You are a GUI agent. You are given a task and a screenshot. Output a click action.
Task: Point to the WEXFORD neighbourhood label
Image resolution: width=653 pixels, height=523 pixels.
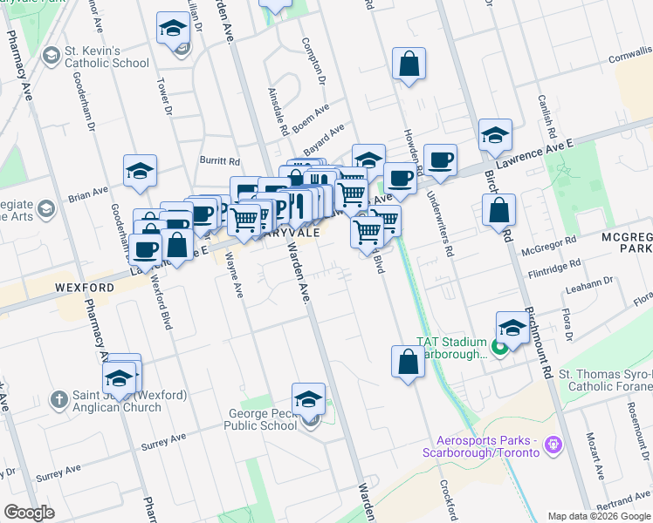point(85,287)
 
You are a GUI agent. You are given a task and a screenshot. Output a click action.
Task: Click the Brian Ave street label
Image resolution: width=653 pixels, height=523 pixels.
point(87,193)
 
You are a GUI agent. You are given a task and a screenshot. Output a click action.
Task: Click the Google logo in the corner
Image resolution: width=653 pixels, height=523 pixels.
point(29,513)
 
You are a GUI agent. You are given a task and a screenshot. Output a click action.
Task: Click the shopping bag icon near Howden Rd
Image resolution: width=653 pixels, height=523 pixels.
point(409,64)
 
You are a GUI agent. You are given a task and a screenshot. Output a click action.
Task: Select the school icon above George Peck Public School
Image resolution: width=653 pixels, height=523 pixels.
point(308,400)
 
